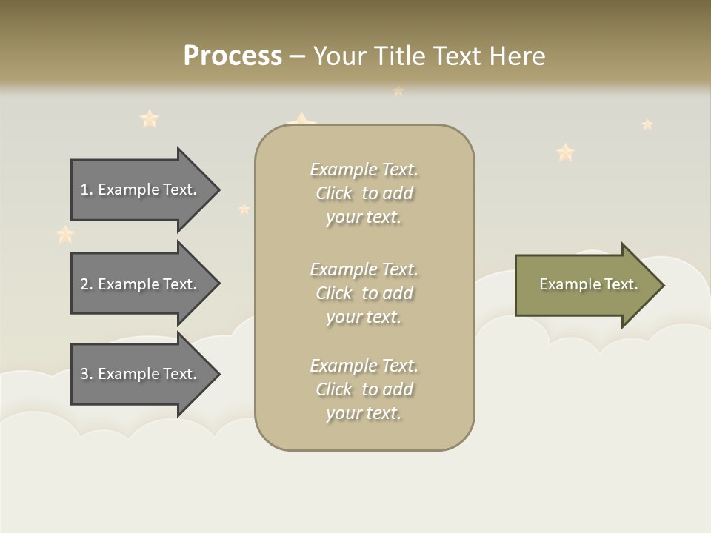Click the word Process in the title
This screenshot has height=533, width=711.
[233, 56]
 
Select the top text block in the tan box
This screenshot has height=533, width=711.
[364, 193]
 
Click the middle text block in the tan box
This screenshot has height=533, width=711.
[364, 292]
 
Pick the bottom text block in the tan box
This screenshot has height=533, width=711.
[364, 389]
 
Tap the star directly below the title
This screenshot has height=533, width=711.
[398, 91]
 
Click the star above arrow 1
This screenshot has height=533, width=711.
[150, 118]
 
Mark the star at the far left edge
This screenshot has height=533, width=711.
[65, 235]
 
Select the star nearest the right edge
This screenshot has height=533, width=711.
[647, 124]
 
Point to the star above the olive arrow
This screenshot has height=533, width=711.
[566, 152]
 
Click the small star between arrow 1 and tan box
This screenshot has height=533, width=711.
[244, 209]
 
